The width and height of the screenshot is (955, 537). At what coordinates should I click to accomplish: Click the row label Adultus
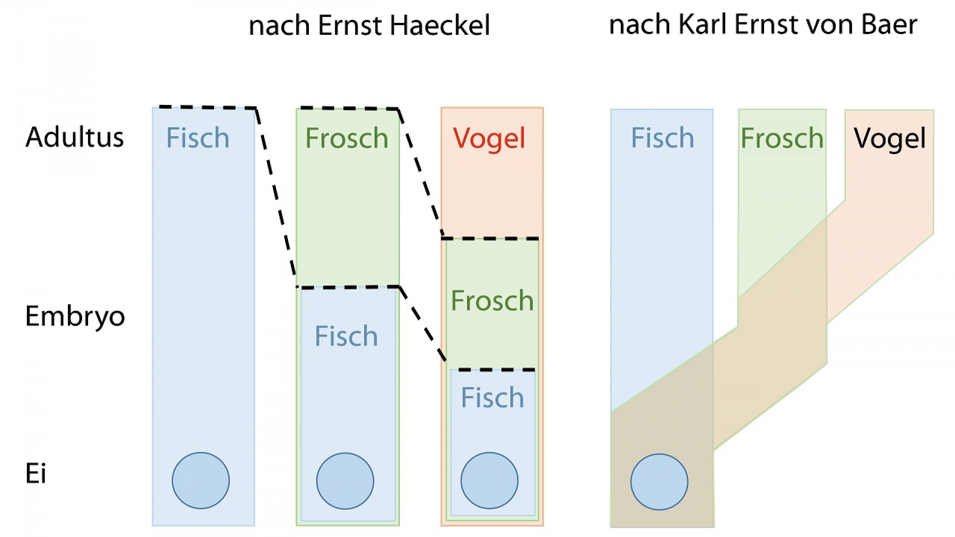(75, 137)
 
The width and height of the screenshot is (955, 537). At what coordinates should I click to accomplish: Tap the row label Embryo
(75, 317)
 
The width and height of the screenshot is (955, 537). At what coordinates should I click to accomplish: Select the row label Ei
(36, 473)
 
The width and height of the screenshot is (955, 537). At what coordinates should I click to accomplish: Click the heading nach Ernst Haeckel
(369, 25)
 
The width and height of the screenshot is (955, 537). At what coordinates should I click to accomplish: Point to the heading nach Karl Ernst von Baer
(763, 24)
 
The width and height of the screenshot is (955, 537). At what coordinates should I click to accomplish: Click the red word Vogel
(489, 138)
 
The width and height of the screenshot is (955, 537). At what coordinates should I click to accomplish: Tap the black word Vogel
(890, 138)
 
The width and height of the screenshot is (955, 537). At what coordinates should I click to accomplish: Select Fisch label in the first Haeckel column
(197, 138)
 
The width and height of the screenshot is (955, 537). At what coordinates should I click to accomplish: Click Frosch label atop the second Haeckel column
(347, 138)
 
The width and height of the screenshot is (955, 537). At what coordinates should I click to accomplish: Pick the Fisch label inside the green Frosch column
(346, 336)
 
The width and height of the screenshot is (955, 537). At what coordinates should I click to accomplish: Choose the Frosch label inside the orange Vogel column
(492, 301)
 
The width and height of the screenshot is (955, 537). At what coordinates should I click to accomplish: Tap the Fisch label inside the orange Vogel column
(492, 398)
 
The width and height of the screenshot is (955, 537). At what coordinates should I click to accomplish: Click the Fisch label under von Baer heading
(662, 138)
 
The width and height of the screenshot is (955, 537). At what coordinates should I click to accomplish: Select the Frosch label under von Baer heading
(782, 138)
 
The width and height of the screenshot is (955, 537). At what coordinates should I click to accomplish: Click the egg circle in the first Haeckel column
(201, 480)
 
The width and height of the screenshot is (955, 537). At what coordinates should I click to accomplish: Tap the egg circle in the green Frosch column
(345, 481)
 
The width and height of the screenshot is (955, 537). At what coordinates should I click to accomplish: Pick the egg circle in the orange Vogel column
(489, 480)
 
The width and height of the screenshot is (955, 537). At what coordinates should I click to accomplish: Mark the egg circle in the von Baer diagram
(659, 481)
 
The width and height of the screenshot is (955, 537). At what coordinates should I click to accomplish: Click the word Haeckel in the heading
(440, 25)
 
